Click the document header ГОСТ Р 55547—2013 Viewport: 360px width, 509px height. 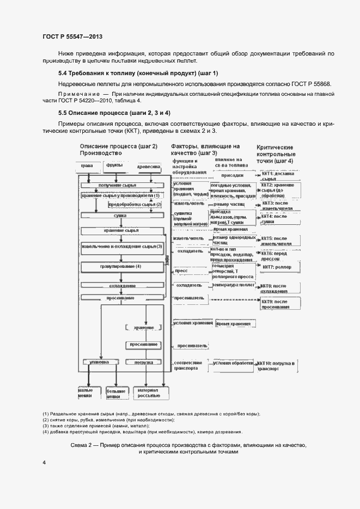tap(72, 36)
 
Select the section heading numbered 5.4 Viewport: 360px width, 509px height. tap(138, 73)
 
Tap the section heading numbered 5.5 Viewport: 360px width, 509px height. tap(114, 113)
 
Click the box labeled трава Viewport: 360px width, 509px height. tap(87, 165)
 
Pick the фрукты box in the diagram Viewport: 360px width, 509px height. tap(114, 165)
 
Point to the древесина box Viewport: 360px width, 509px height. tap(148, 165)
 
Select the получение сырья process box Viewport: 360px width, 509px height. tap(118, 185)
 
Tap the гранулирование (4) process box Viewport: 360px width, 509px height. tap(120, 266)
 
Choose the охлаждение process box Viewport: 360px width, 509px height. tap(121, 285)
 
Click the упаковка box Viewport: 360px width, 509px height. tap(100, 362)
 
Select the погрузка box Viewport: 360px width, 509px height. tap(143, 362)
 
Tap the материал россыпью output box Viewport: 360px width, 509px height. tap(147, 393)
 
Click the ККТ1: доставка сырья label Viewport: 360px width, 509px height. tap(278, 176)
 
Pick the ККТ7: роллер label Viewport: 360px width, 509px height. tap(277, 267)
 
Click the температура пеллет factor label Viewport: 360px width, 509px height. tap(233, 285)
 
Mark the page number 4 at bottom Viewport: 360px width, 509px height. tap(44, 462)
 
